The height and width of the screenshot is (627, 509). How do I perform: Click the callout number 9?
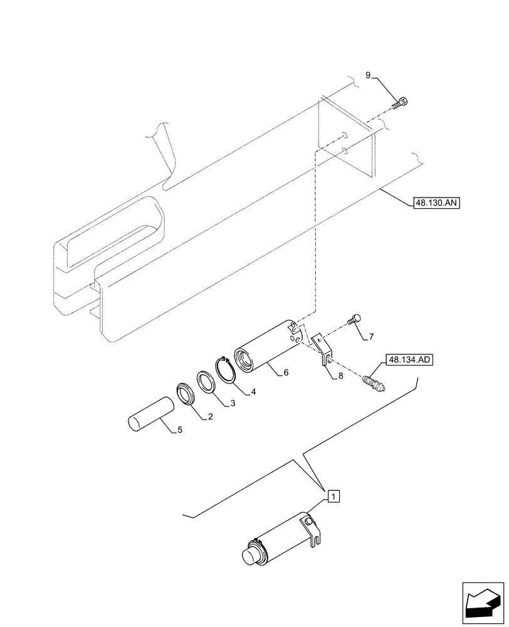[x=369, y=76]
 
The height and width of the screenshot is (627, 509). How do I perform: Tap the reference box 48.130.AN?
[x=436, y=203]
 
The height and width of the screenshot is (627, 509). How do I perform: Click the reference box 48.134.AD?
[x=411, y=360]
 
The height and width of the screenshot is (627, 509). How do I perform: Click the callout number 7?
[x=370, y=337]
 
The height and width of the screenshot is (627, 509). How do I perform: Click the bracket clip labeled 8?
[x=322, y=349]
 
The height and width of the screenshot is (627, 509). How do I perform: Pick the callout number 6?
[x=285, y=372]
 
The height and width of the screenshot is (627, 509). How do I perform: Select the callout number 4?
[x=254, y=393]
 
